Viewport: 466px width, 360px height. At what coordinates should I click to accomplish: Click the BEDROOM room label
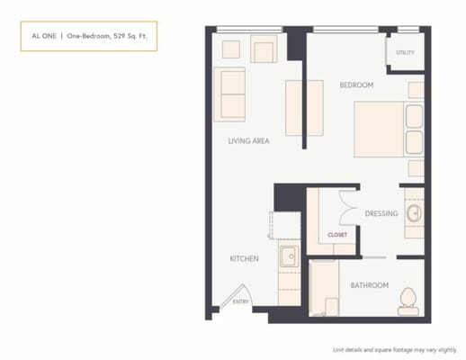(356, 85)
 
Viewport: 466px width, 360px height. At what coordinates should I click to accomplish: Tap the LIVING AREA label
(249, 140)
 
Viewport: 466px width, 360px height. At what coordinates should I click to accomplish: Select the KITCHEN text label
(244, 258)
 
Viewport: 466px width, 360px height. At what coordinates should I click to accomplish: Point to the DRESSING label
(381, 213)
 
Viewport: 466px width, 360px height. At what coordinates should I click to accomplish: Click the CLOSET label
(337, 234)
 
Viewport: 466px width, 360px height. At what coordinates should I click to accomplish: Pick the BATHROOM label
(370, 285)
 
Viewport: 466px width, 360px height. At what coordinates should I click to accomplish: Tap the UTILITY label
(405, 52)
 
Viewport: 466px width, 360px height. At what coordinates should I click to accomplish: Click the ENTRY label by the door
(241, 301)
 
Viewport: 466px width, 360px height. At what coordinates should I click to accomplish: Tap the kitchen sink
(289, 257)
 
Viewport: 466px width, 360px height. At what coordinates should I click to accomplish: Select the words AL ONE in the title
(41, 36)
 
